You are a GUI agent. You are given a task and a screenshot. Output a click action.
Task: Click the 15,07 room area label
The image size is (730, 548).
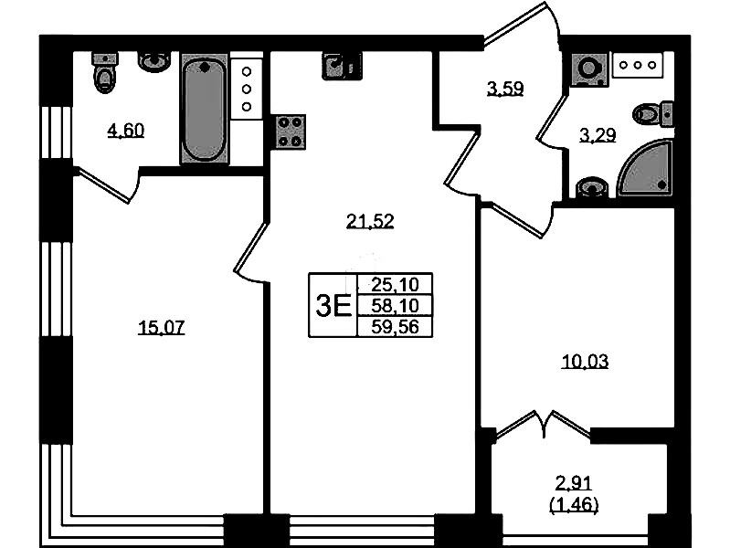(x=161, y=327)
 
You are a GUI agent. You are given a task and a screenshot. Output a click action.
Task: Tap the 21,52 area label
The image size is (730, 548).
(x=370, y=221)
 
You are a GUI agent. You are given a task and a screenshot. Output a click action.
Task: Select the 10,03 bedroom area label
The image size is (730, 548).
(x=586, y=362)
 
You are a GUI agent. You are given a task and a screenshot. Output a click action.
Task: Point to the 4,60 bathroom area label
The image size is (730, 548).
(x=126, y=131)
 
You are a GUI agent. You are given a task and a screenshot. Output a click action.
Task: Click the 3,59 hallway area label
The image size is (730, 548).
(x=505, y=88)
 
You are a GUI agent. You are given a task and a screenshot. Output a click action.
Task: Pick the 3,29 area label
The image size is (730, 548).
(x=598, y=135)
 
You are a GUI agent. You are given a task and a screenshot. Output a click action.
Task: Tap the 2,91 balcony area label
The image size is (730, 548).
(x=574, y=483)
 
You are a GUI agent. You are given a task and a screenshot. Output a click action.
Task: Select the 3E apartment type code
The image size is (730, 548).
(x=333, y=306)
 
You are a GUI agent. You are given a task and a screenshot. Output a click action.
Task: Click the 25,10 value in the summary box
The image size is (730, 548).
(x=396, y=284)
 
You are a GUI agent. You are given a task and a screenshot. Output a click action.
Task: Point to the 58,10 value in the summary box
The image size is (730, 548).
(x=396, y=305)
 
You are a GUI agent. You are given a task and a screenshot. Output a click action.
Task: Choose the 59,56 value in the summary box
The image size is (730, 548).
(x=396, y=327)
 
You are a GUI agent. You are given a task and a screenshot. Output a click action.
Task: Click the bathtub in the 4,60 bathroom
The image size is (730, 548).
(x=205, y=109)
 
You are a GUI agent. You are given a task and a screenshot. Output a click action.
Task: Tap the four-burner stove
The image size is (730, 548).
(x=291, y=132)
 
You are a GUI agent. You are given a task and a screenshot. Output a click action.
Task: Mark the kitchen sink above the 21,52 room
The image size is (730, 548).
(x=342, y=66)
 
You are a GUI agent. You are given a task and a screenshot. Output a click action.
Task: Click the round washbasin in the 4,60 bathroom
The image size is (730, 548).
(x=154, y=61)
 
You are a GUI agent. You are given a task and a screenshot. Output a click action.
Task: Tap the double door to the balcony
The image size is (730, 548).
(x=544, y=425)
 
